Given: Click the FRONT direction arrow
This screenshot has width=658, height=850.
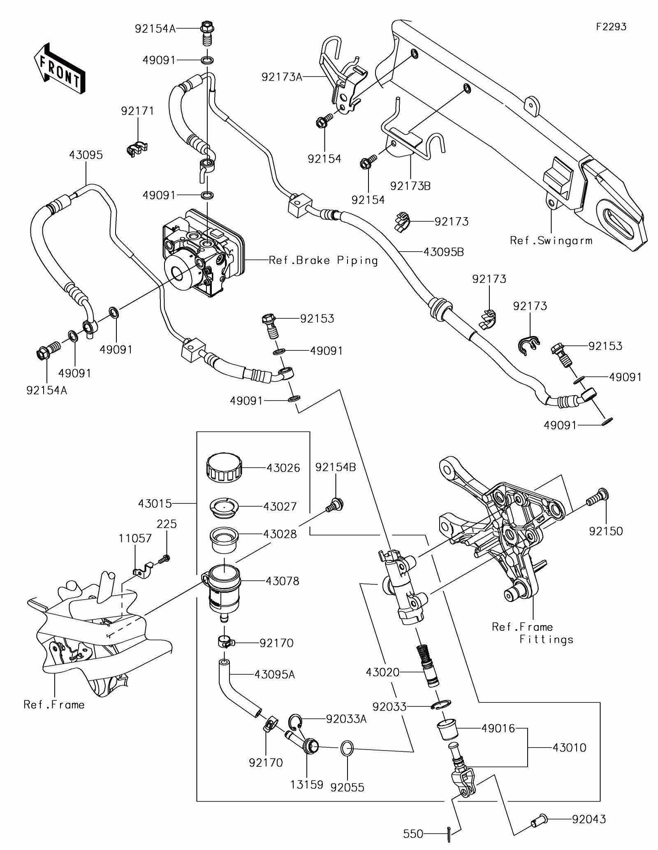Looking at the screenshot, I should click(60, 68).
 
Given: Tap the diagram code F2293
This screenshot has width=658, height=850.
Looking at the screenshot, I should click(612, 27).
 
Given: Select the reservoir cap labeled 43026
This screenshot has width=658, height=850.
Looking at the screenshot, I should click(223, 468).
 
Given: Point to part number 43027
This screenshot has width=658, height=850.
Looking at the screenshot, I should click(280, 506).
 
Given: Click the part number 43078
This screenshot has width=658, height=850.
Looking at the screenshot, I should click(283, 581).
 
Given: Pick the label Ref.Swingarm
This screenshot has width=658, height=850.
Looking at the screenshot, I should click(551, 241).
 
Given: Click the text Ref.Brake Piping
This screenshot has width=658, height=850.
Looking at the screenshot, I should click(323, 260).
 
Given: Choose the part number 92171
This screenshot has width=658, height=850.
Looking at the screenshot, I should click(137, 111).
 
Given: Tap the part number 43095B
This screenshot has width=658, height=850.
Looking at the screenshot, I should click(444, 252).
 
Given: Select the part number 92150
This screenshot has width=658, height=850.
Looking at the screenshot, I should click(606, 531).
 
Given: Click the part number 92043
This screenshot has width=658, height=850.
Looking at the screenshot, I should click(589, 808).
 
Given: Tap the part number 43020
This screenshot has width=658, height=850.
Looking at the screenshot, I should click(382, 672).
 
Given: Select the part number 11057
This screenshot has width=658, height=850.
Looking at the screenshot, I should click(135, 538).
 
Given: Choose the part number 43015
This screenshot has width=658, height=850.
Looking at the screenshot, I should click(155, 503).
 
